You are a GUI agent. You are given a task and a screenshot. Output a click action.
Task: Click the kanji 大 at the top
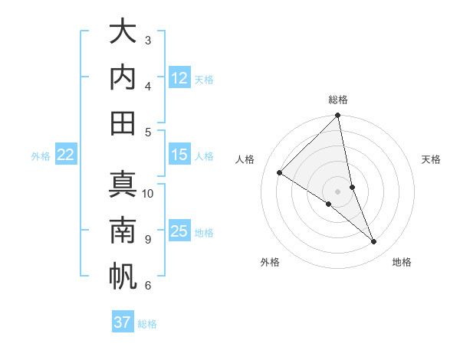click(123, 32)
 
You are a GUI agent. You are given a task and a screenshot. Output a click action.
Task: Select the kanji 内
click(123, 77)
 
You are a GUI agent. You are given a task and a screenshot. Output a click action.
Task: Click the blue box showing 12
click(179, 78)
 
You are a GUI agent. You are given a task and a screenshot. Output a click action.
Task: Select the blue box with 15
click(179, 155)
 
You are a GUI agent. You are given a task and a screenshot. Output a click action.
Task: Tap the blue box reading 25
click(179, 232)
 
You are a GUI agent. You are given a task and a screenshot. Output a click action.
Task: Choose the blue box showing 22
click(65, 155)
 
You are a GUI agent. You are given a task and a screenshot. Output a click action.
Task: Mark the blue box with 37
click(123, 322)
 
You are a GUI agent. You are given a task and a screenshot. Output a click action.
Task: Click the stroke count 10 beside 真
click(148, 193)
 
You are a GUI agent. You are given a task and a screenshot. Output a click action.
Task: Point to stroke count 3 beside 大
click(148, 40)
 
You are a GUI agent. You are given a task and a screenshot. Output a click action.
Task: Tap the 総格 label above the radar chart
click(338, 100)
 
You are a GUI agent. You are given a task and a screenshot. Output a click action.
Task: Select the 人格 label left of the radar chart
click(245, 159)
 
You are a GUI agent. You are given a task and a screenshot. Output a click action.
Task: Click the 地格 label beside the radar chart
click(402, 262)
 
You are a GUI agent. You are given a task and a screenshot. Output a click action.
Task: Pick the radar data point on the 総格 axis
click(338, 116)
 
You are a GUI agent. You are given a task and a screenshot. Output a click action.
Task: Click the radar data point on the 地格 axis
click(374, 242)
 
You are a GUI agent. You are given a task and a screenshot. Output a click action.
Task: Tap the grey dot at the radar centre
click(338, 191)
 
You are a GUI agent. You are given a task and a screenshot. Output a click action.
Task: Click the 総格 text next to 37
click(147, 324)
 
